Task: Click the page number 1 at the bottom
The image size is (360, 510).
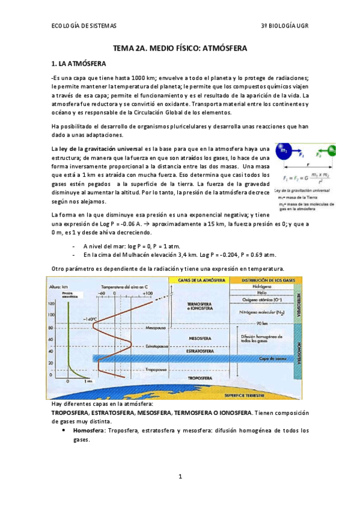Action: click(180, 477)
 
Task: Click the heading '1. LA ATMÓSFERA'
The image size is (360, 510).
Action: click(79, 63)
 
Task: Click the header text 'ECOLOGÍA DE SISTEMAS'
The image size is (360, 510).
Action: click(84, 26)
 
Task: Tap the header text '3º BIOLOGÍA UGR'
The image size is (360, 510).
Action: click(283, 26)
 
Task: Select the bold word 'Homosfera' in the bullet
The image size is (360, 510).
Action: click(91, 431)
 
